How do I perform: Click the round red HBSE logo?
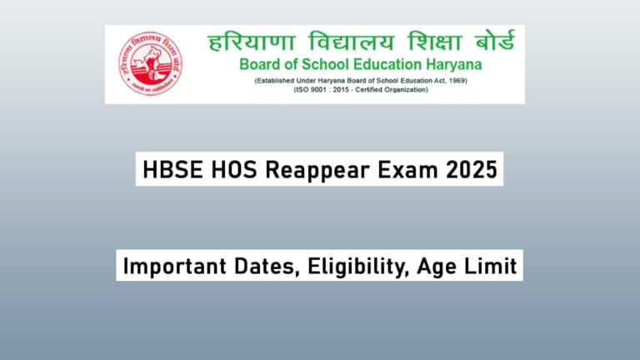click(x=151, y=63)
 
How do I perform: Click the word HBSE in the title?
click(x=167, y=171)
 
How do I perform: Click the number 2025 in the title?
click(x=472, y=171)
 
